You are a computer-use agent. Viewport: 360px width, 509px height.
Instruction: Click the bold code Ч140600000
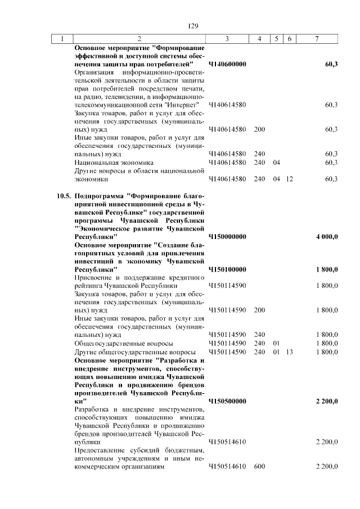point(227,65)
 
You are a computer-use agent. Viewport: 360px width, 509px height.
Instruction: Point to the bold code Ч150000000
point(227,237)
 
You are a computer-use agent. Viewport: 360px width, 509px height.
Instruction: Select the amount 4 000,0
point(327,237)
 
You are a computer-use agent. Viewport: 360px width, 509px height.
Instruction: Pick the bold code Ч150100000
point(227,270)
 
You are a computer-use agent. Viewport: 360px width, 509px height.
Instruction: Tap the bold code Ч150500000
point(227,401)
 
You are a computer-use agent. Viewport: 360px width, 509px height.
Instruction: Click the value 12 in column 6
point(289,179)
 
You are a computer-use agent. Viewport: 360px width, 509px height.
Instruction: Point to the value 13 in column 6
point(289,352)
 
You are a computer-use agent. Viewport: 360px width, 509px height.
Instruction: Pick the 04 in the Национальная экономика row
point(276,163)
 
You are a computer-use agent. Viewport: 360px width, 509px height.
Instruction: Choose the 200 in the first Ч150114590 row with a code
point(259,310)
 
